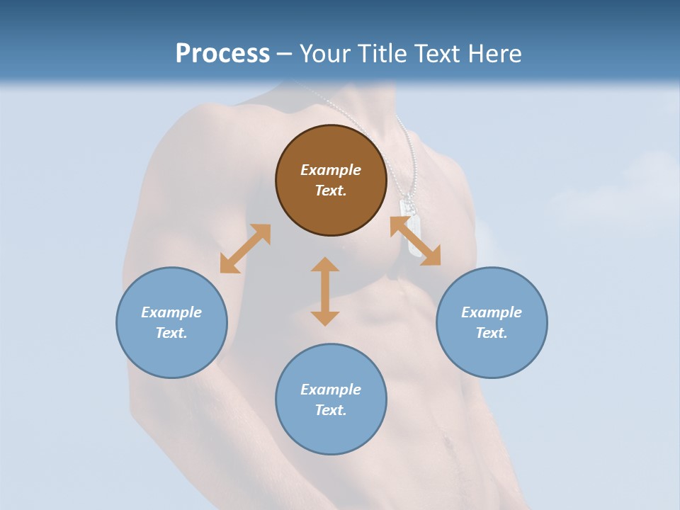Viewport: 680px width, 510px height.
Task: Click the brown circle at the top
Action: pyautogui.click(x=331, y=180)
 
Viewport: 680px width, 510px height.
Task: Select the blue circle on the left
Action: pyautogui.click(x=171, y=322)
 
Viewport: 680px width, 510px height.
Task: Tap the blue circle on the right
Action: pyautogui.click(x=492, y=322)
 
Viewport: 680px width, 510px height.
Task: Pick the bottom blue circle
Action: pyautogui.click(x=331, y=399)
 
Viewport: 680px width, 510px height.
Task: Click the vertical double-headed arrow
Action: pyautogui.click(x=325, y=291)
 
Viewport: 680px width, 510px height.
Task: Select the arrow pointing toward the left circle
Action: pyautogui.click(x=245, y=249)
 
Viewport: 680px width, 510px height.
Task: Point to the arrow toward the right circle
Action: pyautogui.click(x=416, y=241)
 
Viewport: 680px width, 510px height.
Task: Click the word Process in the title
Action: pyautogui.click(x=222, y=53)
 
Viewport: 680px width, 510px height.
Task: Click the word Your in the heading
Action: pyautogui.click(x=325, y=53)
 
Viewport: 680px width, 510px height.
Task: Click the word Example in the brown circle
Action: pyautogui.click(x=331, y=170)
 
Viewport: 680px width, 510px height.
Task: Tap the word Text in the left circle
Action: pyautogui.click(x=171, y=333)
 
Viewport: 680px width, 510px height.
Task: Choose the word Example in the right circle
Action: pyautogui.click(x=492, y=312)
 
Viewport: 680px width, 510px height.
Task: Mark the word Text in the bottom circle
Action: pyautogui.click(x=331, y=410)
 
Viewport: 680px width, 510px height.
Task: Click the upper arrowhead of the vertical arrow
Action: pyautogui.click(x=325, y=266)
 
